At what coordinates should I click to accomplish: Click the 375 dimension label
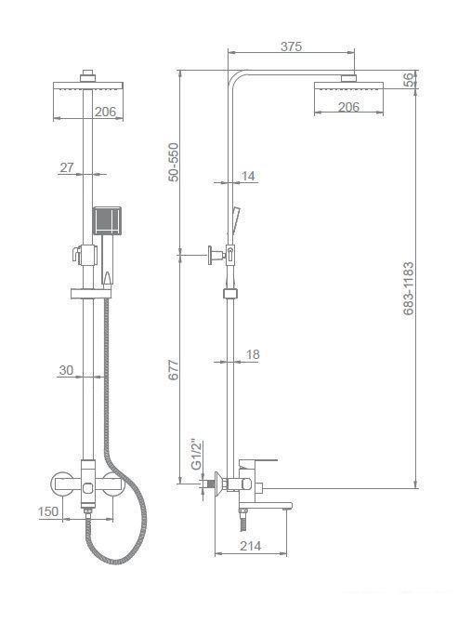(x=292, y=46)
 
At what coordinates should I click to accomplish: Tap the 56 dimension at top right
(x=409, y=79)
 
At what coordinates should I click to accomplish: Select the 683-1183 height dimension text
(x=409, y=288)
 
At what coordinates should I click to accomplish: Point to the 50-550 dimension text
(x=174, y=162)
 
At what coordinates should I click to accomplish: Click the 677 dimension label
(x=174, y=369)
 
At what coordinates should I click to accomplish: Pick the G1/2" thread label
(x=197, y=455)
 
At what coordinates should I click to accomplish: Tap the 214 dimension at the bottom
(x=251, y=546)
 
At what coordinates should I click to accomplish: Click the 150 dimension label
(x=48, y=511)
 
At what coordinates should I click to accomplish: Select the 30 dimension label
(x=66, y=370)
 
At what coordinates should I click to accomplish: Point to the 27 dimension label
(x=67, y=167)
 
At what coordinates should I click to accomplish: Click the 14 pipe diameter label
(x=248, y=176)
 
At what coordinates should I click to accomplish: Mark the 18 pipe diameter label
(x=253, y=354)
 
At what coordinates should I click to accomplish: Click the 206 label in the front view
(x=105, y=112)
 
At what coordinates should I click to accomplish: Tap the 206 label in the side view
(x=348, y=107)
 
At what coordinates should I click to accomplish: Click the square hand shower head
(x=107, y=220)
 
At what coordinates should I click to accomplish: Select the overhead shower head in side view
(x=348, y=87)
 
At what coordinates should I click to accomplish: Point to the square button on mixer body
(x=87, y=487)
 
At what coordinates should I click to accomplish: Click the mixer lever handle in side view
(x=258, y=463)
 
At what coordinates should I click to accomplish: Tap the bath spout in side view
(x=266, y=506)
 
